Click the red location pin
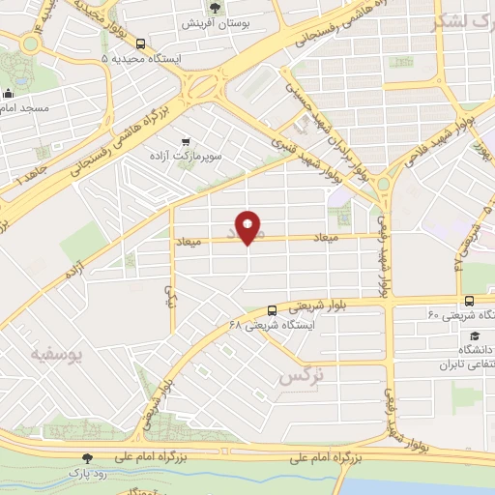248,227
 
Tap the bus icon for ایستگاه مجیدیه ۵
141,44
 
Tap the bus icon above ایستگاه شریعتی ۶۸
272,310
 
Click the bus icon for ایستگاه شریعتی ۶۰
469,301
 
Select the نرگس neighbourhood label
300,375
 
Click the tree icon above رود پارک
88,458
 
